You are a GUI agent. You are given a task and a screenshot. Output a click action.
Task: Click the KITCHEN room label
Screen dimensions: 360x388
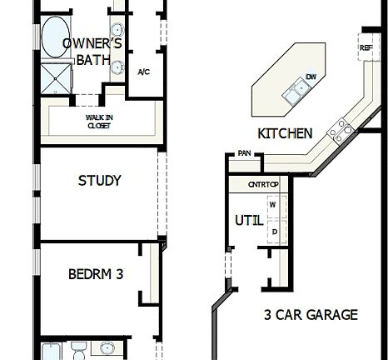coord(285,133)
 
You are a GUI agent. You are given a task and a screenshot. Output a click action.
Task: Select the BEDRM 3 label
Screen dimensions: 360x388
coord(96,273)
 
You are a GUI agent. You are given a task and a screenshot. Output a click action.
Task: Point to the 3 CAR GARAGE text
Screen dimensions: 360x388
coord(311,315)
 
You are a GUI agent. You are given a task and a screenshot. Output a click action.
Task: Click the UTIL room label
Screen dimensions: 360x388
coord(250,220)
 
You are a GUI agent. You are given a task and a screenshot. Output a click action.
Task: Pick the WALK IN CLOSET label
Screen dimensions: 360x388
coord(99,122)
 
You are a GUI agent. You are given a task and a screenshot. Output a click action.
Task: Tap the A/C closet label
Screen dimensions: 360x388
coord(143,72)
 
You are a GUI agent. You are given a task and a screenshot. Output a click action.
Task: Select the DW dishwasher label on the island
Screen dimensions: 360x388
coord(311,77)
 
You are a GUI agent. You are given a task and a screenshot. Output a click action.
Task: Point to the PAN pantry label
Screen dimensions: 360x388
coord(244,153)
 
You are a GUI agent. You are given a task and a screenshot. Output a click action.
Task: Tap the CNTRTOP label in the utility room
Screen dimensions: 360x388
coord(263,184)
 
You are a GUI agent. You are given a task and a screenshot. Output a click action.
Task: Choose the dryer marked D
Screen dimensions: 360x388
coord(272,231)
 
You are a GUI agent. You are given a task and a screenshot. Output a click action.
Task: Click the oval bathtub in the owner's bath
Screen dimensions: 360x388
coord(57,37)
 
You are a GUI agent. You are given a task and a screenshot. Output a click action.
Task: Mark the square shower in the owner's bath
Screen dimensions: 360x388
coord(57,80)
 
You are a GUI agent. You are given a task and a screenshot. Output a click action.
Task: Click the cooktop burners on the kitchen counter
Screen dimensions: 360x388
coord(340,128)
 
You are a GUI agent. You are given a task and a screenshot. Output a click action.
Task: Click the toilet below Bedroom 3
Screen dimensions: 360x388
coord(77,347)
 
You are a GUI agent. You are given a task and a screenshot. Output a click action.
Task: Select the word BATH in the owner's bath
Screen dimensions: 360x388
coord(93,60)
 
